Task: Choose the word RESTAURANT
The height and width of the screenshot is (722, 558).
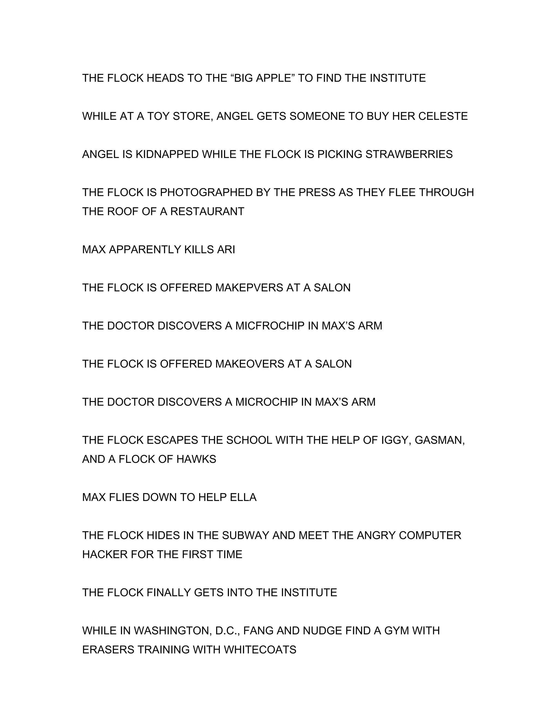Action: click(207, 211)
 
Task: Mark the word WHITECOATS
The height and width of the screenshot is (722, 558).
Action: click(260, 650)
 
